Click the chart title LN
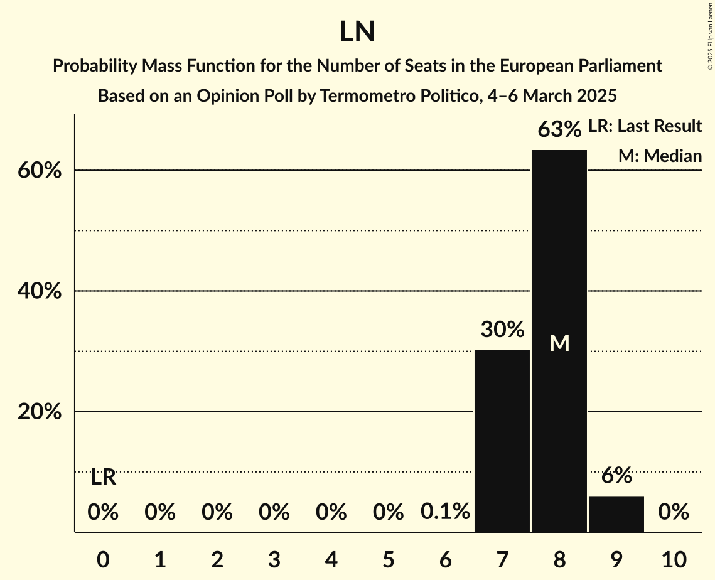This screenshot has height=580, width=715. pyautogui.click(x=357, y=32)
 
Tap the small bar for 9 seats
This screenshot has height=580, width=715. pyautogui.click(x=616, y=514)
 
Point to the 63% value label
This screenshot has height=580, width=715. pyautogui.click(x=559, y=130)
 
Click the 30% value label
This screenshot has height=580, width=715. pyautogui.click(x=502, y=329)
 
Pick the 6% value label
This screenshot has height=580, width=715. pyautogui.click(x=616, y=476)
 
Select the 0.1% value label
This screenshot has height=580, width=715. pyautogui.click(x=445, y=512)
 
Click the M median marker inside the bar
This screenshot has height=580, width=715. pyautogui.click(x=559, y=343)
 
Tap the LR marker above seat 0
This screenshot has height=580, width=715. pyautogui.click(x=103, y=477)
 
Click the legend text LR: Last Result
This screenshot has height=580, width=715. pyautogui.click(x=645, y=126)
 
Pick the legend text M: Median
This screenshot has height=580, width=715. pyautogui.click(x=660, y=156)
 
